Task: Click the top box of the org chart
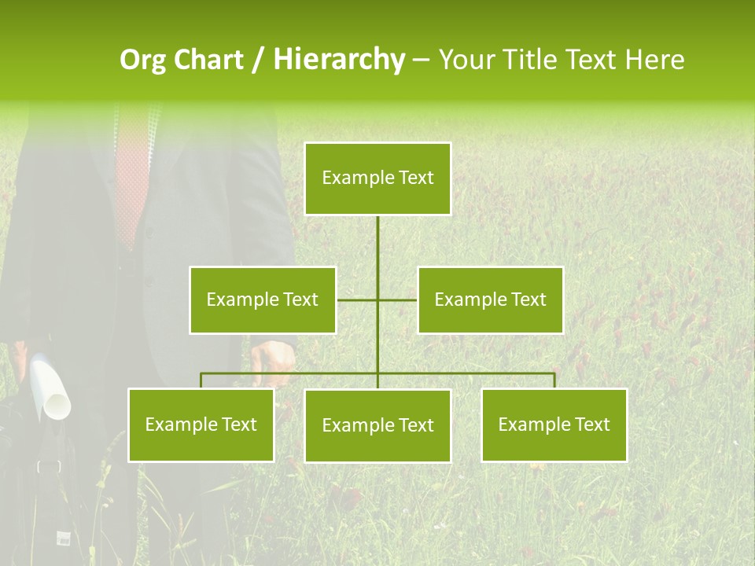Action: [377, 178]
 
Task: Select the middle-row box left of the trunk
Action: [263, 300]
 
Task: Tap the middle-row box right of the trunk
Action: [490, 300]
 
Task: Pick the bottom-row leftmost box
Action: [201, 424]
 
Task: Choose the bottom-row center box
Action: [377, 425]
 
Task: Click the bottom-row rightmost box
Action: [554, 424]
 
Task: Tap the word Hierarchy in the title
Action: [338, 60]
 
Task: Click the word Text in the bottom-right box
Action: [593, 424]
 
